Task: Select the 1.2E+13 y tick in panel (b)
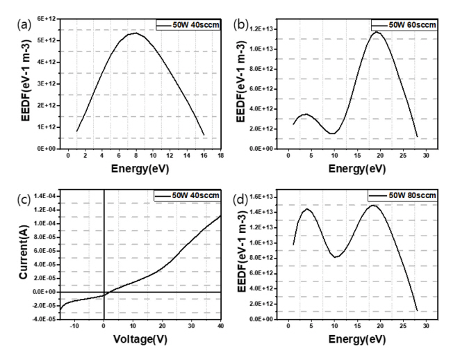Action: click(x=266, y=28)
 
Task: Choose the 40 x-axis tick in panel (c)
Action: click(x=221, y=326)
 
